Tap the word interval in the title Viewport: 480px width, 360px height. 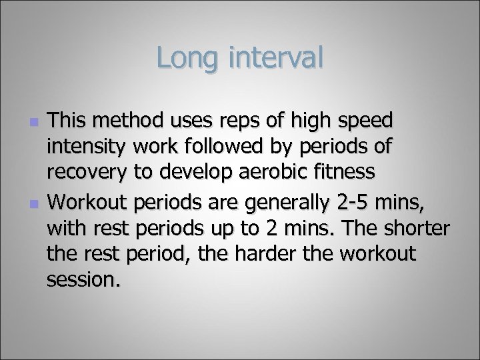[275, 59]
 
